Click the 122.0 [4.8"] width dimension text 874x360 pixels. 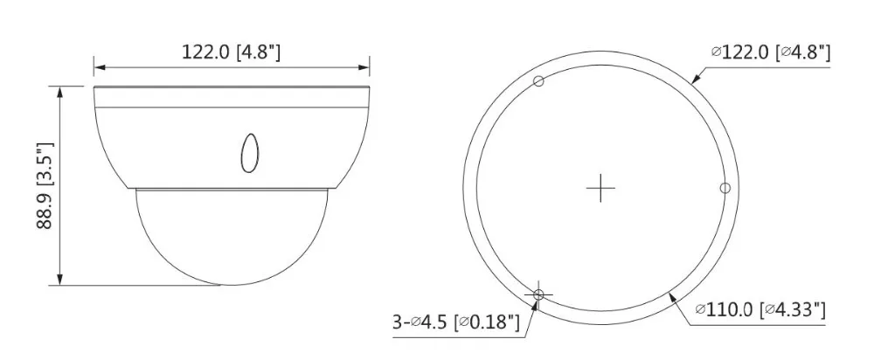[x=231, y=52]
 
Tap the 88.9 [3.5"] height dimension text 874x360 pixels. [x=45, y=185]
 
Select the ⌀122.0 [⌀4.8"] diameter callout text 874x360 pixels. [x=771, y=53]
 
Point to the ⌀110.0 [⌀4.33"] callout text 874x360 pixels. [x=760, y=309]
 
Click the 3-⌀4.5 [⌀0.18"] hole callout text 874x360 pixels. [x=456, y=322]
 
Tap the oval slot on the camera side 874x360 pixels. [x=249, y=152]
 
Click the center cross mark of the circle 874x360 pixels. [x=600, y=188]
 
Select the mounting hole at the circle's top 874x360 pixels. [x=538, y=81]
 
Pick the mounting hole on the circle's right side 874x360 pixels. [x=725, y=188]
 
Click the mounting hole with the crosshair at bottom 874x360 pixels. [x=538, y=294]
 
